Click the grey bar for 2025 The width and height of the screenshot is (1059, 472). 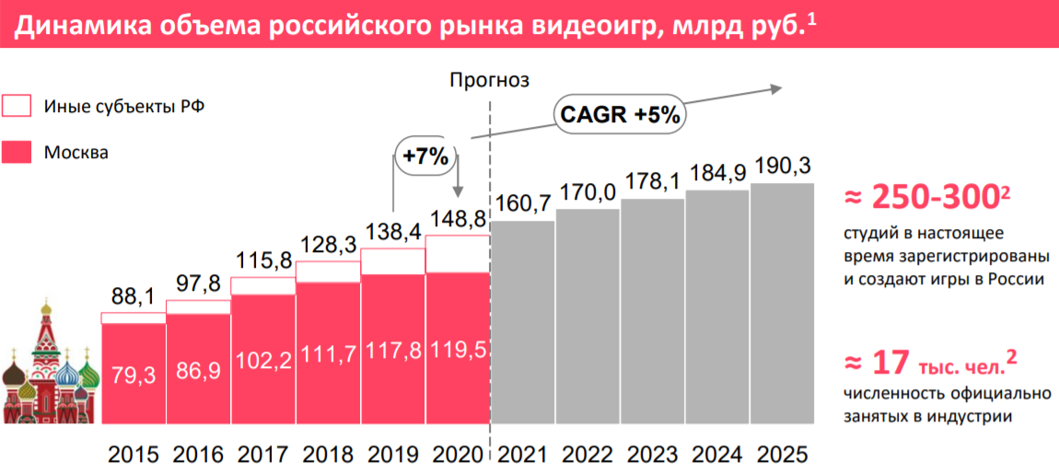pyautogui.click(x=782, y=304)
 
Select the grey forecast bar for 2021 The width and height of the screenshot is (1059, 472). pyautogui.click(x=524, y=322)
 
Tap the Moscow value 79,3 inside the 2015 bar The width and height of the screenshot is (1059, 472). pyautogui.click(x=133, y=375)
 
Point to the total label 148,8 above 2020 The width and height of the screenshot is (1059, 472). pyautogui.click(x=457, y=220)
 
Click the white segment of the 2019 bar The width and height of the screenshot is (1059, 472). pyautogui.click(x=393, y=261)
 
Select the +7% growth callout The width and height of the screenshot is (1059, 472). pyautogui.click(x=425, y=156)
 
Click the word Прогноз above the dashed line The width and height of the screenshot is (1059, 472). pyautogui.click(x=490, y=80)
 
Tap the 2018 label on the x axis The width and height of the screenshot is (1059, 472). pyautogui.click(x=328, y=455)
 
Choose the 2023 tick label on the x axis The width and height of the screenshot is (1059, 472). pyautogui.click(x=653, y=455)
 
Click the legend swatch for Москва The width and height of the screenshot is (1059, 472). pyautogui.click(x=17, y=152)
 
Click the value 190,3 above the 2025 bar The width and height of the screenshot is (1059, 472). pyautogui.click(x=782, y=167)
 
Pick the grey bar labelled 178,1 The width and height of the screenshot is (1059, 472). pyautogui.click(x=653, y=313)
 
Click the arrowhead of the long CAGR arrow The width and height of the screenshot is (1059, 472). pyautogui.click(x=775, y=88)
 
